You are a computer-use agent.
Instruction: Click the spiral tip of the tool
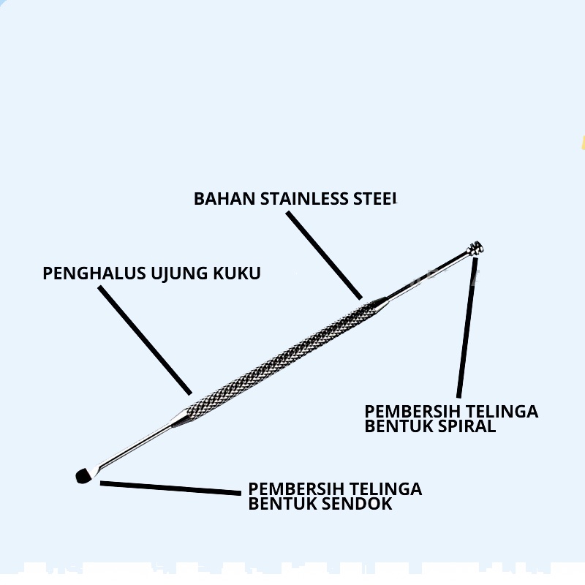(476, 249)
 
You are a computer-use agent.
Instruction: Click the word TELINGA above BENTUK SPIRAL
(502, 411)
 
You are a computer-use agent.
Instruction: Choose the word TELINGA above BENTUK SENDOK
(385, 488)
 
